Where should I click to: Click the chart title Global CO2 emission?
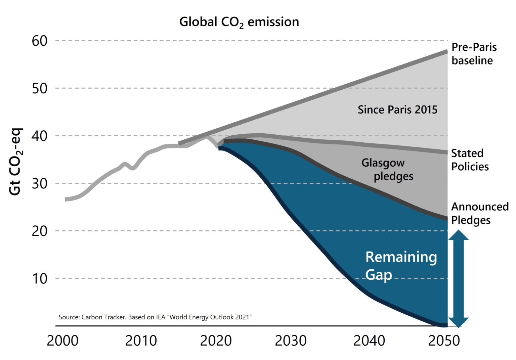tap(239, 22)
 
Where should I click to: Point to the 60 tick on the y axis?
tap(40, 41)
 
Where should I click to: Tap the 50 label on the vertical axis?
tap(40, 89)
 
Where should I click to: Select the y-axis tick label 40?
tap(40, 136)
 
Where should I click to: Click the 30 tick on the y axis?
tap(40, 184)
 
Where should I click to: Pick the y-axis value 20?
tap(40, 231)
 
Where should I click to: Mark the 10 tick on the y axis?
tap(40, 279)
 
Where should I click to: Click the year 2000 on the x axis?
tap(62, 341)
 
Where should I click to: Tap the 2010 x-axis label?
tap(141, 341)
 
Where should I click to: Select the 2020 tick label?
tap(216, 341)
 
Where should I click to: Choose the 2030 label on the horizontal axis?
tap(291, 341)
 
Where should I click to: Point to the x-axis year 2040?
tap(369, 341)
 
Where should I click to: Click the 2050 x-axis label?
tap(444, 341)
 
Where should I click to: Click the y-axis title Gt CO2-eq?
tap(15, 161)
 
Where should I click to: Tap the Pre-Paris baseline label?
tap(474, 54)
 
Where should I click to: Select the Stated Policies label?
tap(470, 160)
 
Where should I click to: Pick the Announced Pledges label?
tap(479, 213)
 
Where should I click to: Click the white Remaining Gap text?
tap(401, 266)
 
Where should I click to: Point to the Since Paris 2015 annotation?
tap(397, 110)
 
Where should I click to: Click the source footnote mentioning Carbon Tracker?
tap(155, 317)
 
